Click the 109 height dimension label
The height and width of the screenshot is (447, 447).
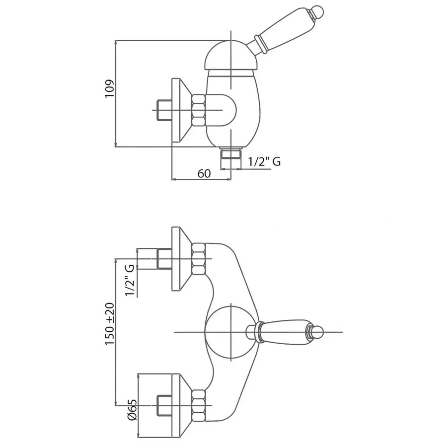[109, 89]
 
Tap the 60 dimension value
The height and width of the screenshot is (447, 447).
[204, 173]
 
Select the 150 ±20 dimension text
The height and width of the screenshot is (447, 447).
[110, 324]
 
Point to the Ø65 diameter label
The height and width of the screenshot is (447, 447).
[133, 410]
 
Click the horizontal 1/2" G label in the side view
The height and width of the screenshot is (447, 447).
[264, 161]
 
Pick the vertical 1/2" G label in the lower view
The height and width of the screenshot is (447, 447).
[130, 280]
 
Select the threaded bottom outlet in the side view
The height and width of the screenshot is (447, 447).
[230, 157]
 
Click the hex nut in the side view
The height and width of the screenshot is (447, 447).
[199, 110]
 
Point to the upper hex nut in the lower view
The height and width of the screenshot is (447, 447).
[199, 259]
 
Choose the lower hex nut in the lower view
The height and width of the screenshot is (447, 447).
[199, 405]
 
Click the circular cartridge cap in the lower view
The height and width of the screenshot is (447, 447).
[230, 332]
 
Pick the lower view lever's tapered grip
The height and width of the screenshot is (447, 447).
[285, 332]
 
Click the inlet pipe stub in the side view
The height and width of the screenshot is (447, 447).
[164, 110]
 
